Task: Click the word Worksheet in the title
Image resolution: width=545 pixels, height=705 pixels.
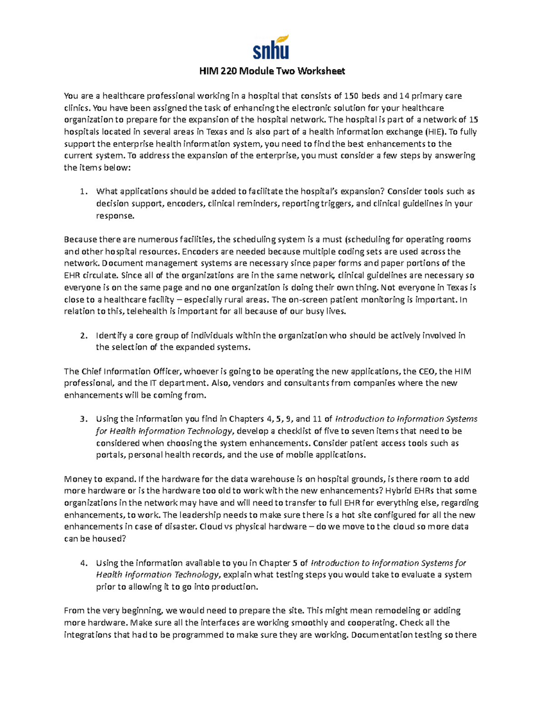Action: tap(324, 71)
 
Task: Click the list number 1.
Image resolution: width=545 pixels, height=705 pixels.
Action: tap(83, 192)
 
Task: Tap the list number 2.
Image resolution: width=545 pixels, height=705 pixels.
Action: tap(83, 336)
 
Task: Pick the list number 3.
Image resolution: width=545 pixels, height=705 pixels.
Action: tap(83, 419)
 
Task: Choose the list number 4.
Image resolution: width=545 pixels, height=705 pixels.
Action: tap(83, 563)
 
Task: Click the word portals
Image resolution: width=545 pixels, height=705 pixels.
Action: tap(110, 455)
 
